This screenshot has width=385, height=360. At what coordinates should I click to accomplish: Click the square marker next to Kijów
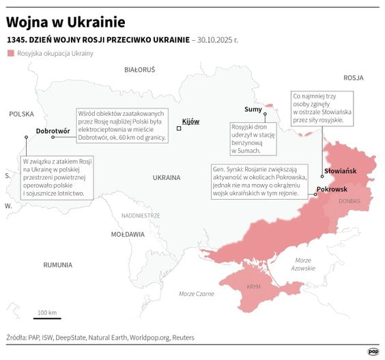click(179, 127)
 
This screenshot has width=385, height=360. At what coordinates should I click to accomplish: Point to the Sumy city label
click(253, 109)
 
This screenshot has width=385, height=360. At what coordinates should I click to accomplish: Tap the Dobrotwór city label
click(53, 130)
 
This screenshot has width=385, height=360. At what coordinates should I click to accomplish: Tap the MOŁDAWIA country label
click(128, 234)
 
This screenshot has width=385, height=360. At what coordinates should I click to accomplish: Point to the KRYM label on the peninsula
click(253, 286)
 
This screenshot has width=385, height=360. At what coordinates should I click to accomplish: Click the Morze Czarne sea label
click(196, 294)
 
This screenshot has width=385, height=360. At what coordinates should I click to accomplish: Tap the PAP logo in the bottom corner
click(373, 351)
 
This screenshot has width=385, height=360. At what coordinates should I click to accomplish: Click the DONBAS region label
click(349, 201)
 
